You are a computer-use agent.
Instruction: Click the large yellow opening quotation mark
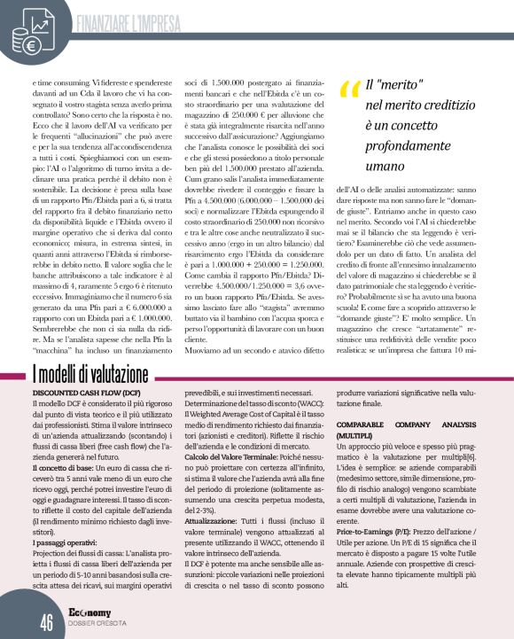[x=347, y=90]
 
